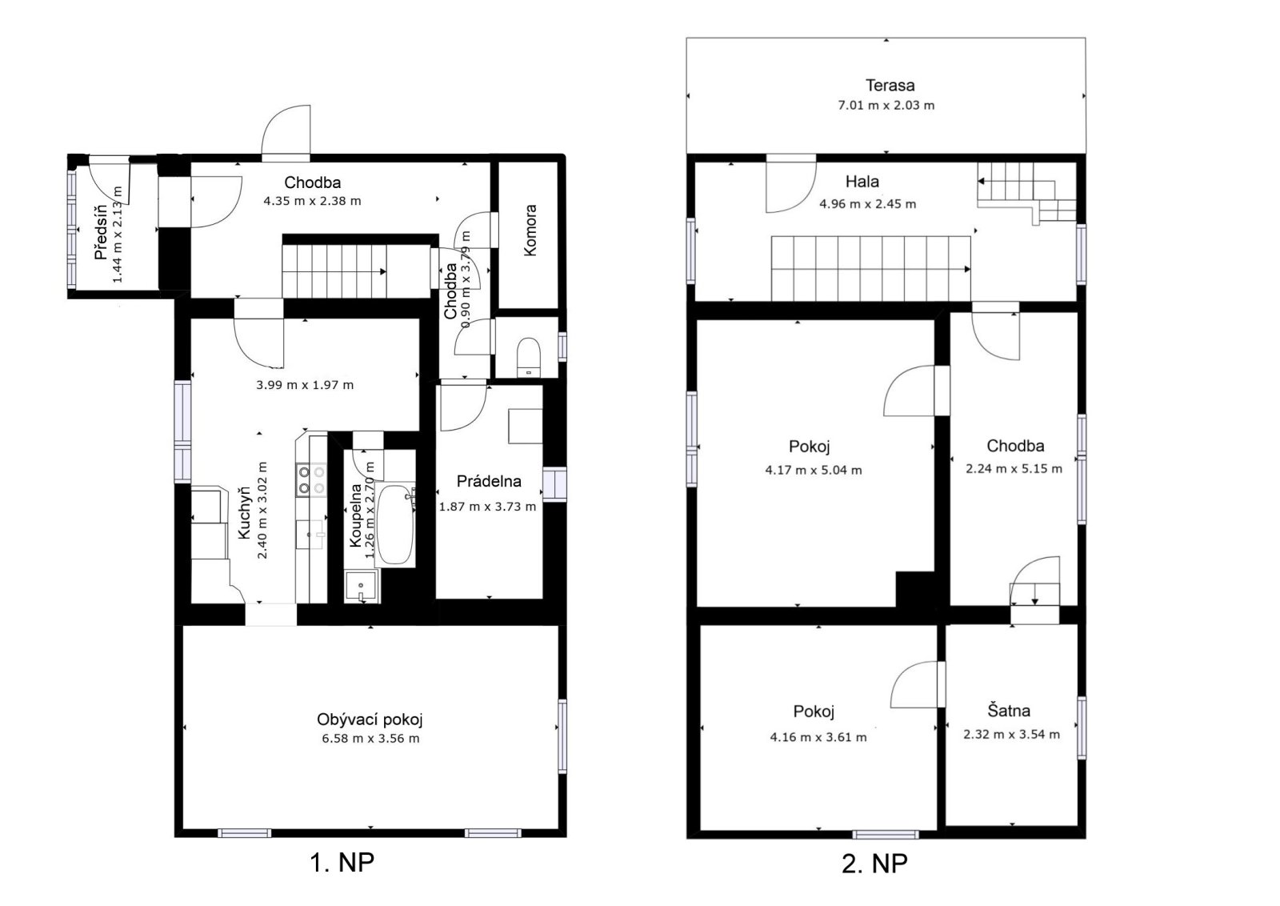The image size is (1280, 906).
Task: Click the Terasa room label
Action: tap(890, 86)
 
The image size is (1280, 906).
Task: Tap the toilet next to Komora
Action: tap(529, 357)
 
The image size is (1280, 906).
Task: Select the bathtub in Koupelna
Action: tap(395, 525)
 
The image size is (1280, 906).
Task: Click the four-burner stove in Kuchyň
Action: tap(311, 480)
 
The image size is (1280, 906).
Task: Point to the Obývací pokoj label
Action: tap(370, 720)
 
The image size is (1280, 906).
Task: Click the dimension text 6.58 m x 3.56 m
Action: tap(370, 739)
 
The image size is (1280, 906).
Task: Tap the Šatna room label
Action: tap(1009, 711)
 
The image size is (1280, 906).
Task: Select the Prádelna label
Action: tap(489, 481)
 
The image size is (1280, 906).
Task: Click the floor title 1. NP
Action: tap(342, 862)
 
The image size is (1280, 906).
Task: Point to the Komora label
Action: tap(530, 231)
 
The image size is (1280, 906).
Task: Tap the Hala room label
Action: tap(862, 182)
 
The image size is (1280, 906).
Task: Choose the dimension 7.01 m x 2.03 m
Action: tap(886, 105)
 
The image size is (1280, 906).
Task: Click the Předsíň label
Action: tap(101, 232)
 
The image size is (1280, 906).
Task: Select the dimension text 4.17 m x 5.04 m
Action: tap(813, 471)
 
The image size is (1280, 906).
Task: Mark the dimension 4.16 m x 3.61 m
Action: tap(818, 737)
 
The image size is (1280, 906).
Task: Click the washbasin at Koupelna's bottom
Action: tap(361, 585)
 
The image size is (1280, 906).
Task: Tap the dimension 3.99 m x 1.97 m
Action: tap(305, 385)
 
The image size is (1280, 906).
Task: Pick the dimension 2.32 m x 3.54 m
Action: tap(1011, 735)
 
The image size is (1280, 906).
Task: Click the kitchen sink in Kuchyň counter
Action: tap(311, 535)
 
